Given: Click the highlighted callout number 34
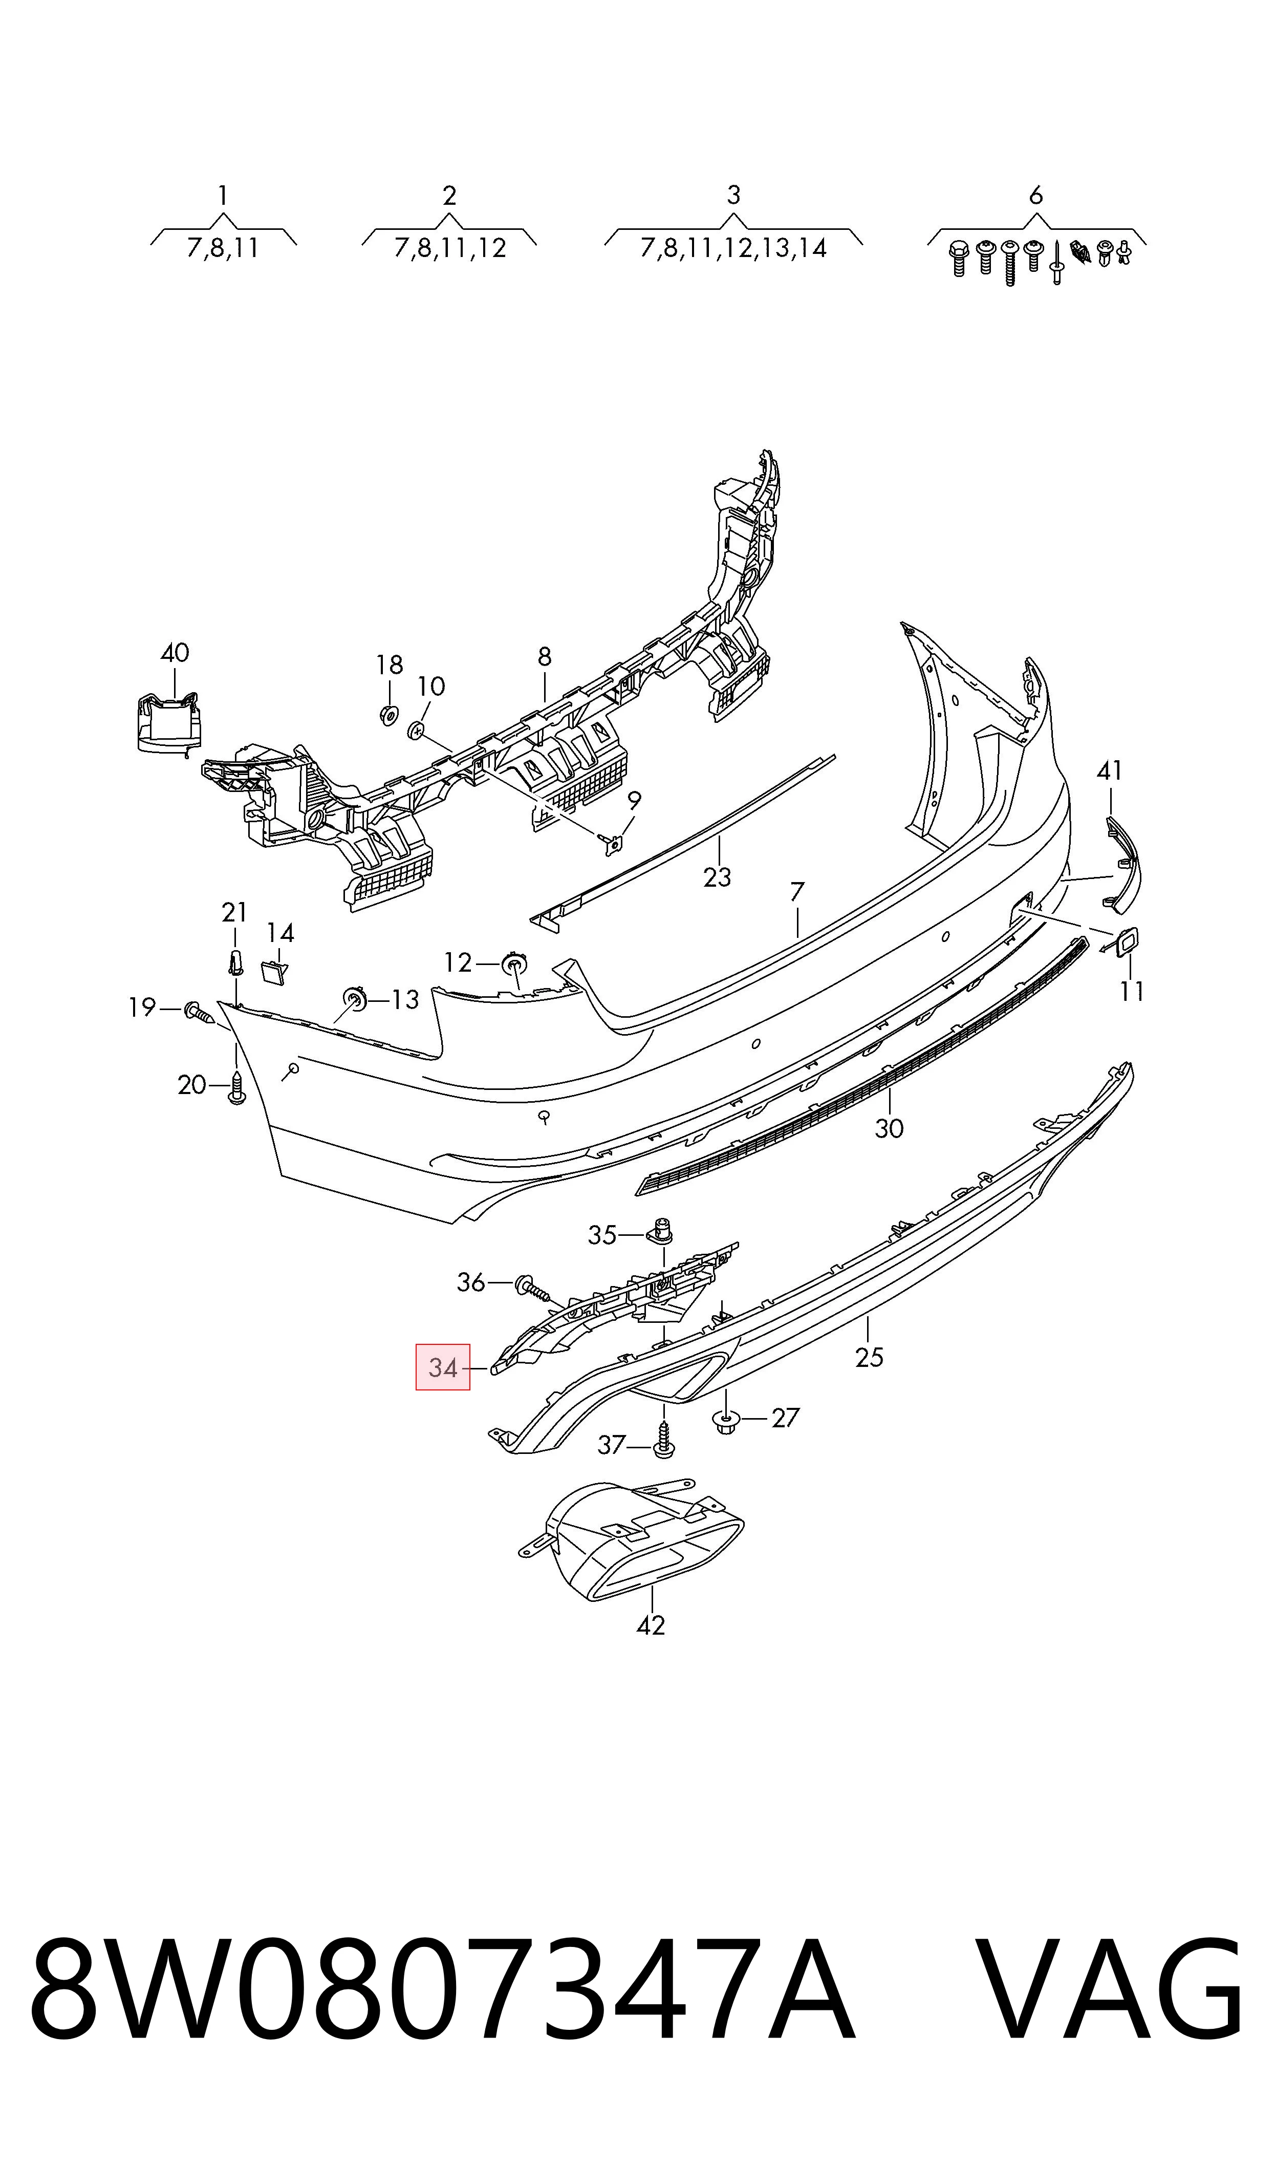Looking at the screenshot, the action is (442, 1367).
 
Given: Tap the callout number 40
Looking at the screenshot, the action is (175, 653).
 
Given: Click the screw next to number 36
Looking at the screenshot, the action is (532, 1288).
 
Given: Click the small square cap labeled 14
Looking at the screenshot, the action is (274, 973).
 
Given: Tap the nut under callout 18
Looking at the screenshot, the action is (388, 714).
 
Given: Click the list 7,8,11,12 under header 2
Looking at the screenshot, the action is (450, 248).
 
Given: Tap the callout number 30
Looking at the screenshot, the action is (889, 1127).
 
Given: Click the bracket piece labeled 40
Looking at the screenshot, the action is (169, 722).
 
